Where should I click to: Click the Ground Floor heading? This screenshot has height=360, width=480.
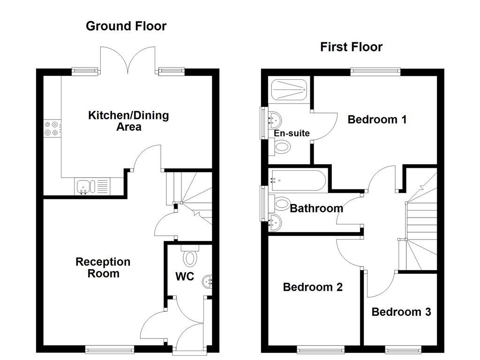click(x=126, y=26)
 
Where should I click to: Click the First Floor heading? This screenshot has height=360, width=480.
click(x=351, y=47)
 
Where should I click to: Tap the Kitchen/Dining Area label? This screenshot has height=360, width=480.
click(x=128, y=121)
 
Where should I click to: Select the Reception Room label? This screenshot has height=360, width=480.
click(x=103, y=268)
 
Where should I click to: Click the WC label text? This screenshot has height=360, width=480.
click(x=185, y=277)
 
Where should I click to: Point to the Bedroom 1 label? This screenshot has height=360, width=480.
click(x=377, y=120)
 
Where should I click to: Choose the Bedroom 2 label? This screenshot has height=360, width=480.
click(x=313, y=287)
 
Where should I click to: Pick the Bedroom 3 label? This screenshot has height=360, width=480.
click(x=401, y=312)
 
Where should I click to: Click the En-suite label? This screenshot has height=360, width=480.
click(x=292, y=133)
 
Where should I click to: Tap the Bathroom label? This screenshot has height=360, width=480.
click(x=316, y=209)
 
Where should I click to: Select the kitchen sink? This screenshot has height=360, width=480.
click(x=92, y=186)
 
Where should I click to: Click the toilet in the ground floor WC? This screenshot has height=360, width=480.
click(x=190, y=255)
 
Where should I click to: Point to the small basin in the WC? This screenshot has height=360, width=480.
click(x=207, y=281)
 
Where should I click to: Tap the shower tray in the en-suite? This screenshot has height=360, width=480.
click(x=289, y=90)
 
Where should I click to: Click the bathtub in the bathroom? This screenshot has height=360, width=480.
click(x=297, y=180)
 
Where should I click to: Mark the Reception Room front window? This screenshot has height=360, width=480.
click(x=110, y=349)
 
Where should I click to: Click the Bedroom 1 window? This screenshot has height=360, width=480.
click(x=375, y=72)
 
